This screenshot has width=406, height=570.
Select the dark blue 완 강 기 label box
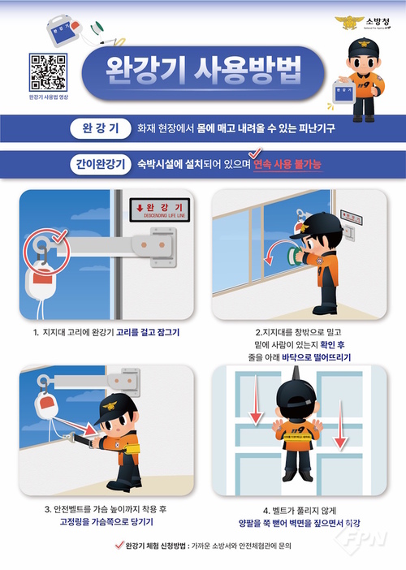95,127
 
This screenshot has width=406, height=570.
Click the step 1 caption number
37,331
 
